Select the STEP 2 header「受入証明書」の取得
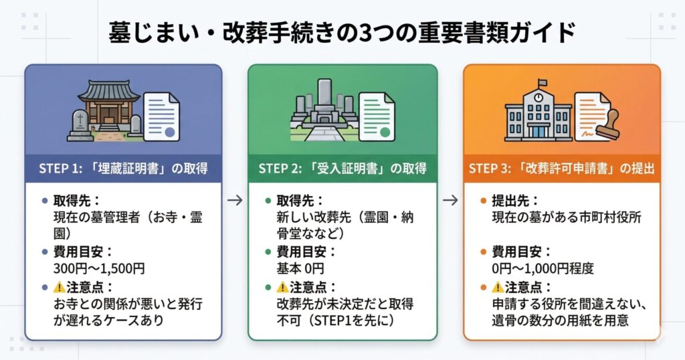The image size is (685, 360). pos(342,167)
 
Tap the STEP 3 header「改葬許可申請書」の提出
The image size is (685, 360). pos(562,167)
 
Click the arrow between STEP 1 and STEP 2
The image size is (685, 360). pos(234,199)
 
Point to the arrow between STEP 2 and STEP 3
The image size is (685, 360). pos(451,199)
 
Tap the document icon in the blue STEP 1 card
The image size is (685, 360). pos(162,115)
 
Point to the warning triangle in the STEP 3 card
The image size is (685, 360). pos(498,287)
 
